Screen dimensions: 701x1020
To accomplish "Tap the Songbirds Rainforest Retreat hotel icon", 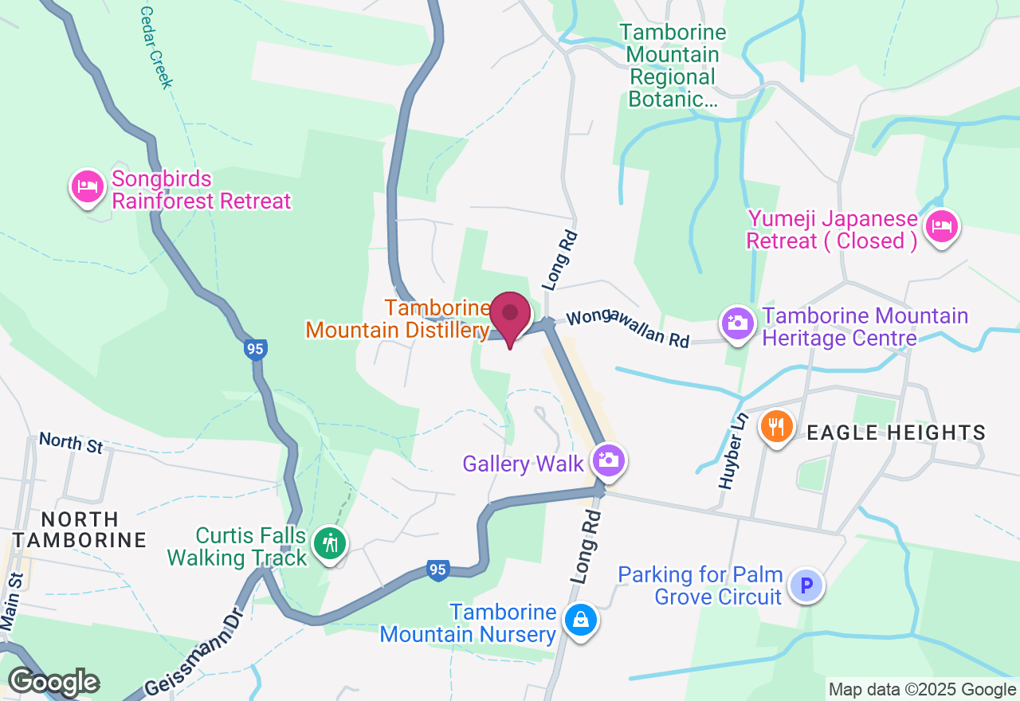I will (x=88, y=187).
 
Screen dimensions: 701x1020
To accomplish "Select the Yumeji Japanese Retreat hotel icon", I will (x=942, y=227).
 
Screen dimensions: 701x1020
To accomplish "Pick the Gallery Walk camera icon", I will (x=609, y=460).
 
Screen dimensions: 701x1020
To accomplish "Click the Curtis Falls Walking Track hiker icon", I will (x=329, y=544).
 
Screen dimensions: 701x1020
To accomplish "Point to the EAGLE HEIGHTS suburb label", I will (x=896, y=433).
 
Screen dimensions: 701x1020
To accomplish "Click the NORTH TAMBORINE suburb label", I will (x=79, y=530).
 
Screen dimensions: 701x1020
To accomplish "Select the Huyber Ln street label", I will (x=733, y=450).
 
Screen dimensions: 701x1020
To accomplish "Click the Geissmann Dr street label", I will (x=193, y=655).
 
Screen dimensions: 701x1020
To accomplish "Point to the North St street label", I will (x=71, y=443).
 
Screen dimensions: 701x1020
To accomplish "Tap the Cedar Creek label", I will (x=156, y=46).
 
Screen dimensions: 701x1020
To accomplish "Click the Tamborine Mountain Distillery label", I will (x=397, y=319).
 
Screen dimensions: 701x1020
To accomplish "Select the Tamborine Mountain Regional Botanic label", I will (x=673, y=66).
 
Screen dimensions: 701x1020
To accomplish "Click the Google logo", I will (x=53, y=682).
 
